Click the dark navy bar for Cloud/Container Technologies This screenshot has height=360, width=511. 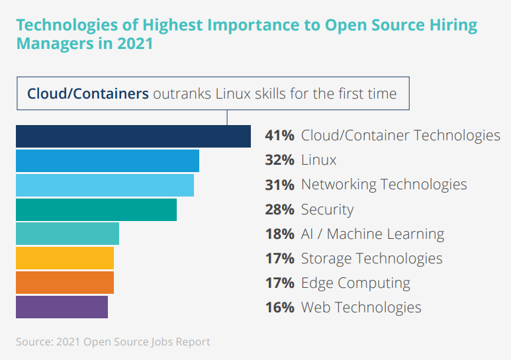coord(133,136)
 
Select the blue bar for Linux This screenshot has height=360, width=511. coord(107,161)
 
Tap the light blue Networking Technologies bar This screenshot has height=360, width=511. coord(105,185)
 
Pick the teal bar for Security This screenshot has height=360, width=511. coord(96,210)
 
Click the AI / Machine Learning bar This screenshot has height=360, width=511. coord(68,234)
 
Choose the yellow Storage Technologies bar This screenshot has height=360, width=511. coord(65,258)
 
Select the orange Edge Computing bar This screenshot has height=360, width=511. coord(65,283)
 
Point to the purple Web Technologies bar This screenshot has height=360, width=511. coord(62,307)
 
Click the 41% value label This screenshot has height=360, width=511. coord(279,136)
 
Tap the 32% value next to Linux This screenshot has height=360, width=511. coord(279,160)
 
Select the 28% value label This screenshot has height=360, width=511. coord(279,210)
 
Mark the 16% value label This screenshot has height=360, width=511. coord(279,307)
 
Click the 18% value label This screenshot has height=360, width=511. coord(279,234)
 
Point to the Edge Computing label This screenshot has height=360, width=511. coord(355,283)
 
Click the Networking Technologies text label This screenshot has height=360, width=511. coord(384,185)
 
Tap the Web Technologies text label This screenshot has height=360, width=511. coord(361,307)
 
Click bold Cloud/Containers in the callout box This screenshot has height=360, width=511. coord(87,94)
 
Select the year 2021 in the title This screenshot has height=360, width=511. coord(132,44)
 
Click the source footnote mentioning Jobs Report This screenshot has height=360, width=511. coord(113,342)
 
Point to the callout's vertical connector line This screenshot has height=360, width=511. coord(227,117)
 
